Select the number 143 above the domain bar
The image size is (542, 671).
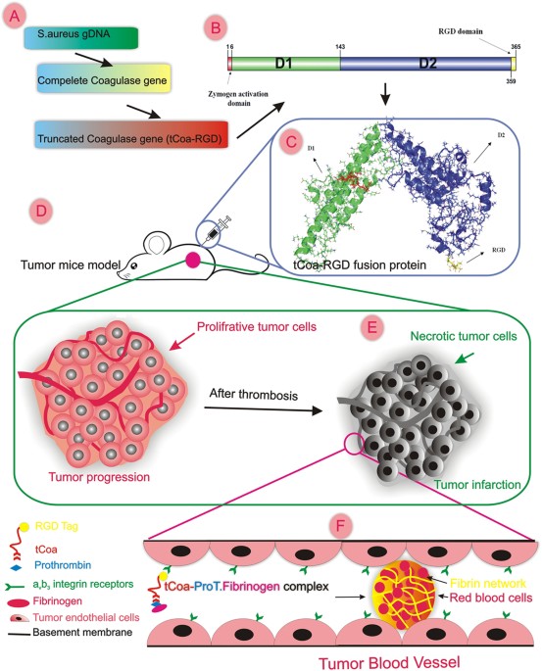click(339, 46)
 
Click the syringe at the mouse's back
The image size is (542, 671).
click(217, 229)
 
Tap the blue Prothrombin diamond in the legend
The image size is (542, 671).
click(16, 567)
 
